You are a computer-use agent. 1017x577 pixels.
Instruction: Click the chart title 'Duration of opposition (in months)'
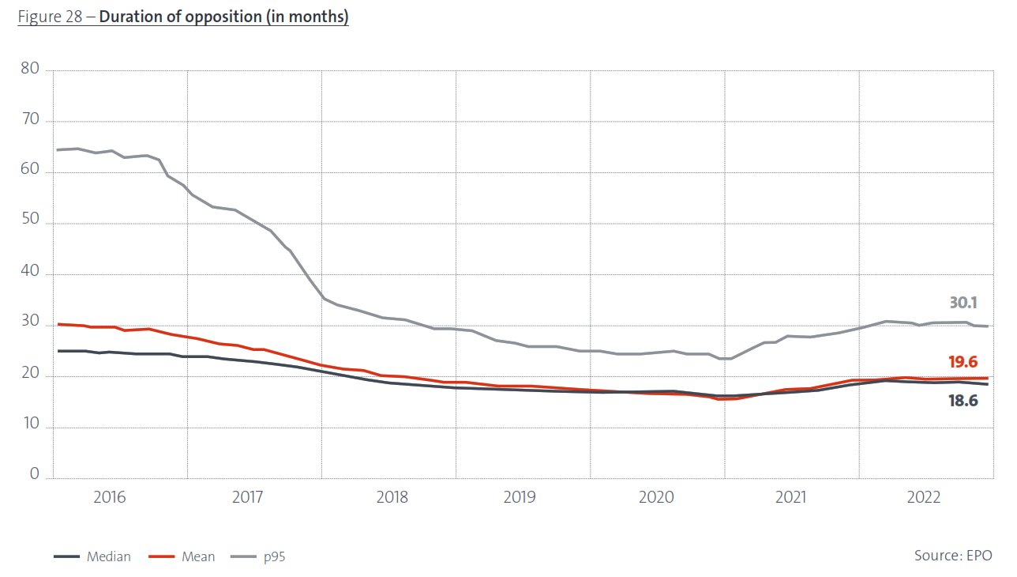[x=223, y=17]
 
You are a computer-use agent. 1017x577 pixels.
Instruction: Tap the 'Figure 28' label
[x=51, y=17]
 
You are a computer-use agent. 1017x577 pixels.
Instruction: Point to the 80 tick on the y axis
[x=30, y=70]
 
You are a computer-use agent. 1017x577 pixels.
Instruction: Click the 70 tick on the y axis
[x=30, y=121]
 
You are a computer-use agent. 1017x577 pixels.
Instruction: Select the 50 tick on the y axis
[x=30, y=223]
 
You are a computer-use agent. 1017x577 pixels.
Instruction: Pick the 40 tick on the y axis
[x=30, y=274]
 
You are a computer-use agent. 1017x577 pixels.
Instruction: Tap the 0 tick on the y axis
[x=34, y=474]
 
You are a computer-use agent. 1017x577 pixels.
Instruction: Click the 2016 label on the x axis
[x=110, y=497]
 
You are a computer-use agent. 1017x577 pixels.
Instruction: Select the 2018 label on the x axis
[x=392, y=497]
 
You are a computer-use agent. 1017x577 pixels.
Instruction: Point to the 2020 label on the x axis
[x=656, y=497]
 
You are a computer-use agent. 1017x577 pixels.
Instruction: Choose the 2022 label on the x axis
[x=924, y=497]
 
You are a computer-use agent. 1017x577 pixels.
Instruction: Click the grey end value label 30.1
[x=963, y=303]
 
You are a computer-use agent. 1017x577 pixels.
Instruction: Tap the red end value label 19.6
[x=963, y=362]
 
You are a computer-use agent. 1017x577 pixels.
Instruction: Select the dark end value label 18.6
[x=963, y=401]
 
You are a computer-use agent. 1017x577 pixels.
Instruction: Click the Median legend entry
[x=92, y=556]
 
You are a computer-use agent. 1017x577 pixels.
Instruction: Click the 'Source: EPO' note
[x=953, y=556]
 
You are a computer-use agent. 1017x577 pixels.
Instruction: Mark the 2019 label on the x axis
[x=519, y=497]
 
